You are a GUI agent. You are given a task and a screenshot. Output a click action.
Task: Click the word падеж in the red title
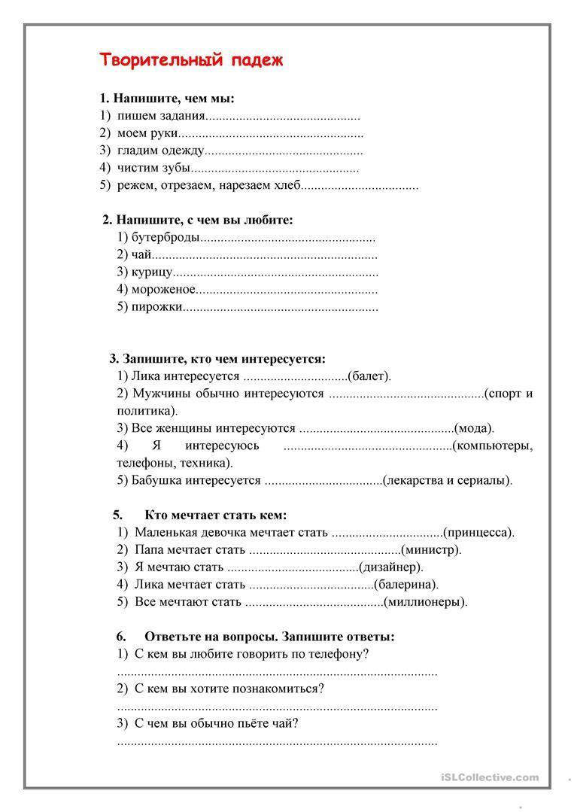click(257, 61)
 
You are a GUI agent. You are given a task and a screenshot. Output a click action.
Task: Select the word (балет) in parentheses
click(369, 376)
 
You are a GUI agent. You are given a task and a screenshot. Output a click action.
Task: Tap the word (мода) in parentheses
click(475, 428)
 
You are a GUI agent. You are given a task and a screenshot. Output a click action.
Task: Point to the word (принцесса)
click(478, 533)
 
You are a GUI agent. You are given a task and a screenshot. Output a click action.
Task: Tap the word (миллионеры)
click(426, 602)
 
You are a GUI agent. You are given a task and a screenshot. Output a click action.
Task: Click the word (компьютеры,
click(492, 446)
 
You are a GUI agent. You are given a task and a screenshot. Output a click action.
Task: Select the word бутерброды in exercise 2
click(166, 238)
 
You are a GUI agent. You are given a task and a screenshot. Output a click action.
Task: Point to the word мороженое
click(164, 290)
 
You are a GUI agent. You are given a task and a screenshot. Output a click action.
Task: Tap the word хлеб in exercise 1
click(288, 185)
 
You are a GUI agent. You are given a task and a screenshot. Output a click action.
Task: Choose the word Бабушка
click(156, 480)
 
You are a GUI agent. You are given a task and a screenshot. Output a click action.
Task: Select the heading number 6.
click(120, 637)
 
